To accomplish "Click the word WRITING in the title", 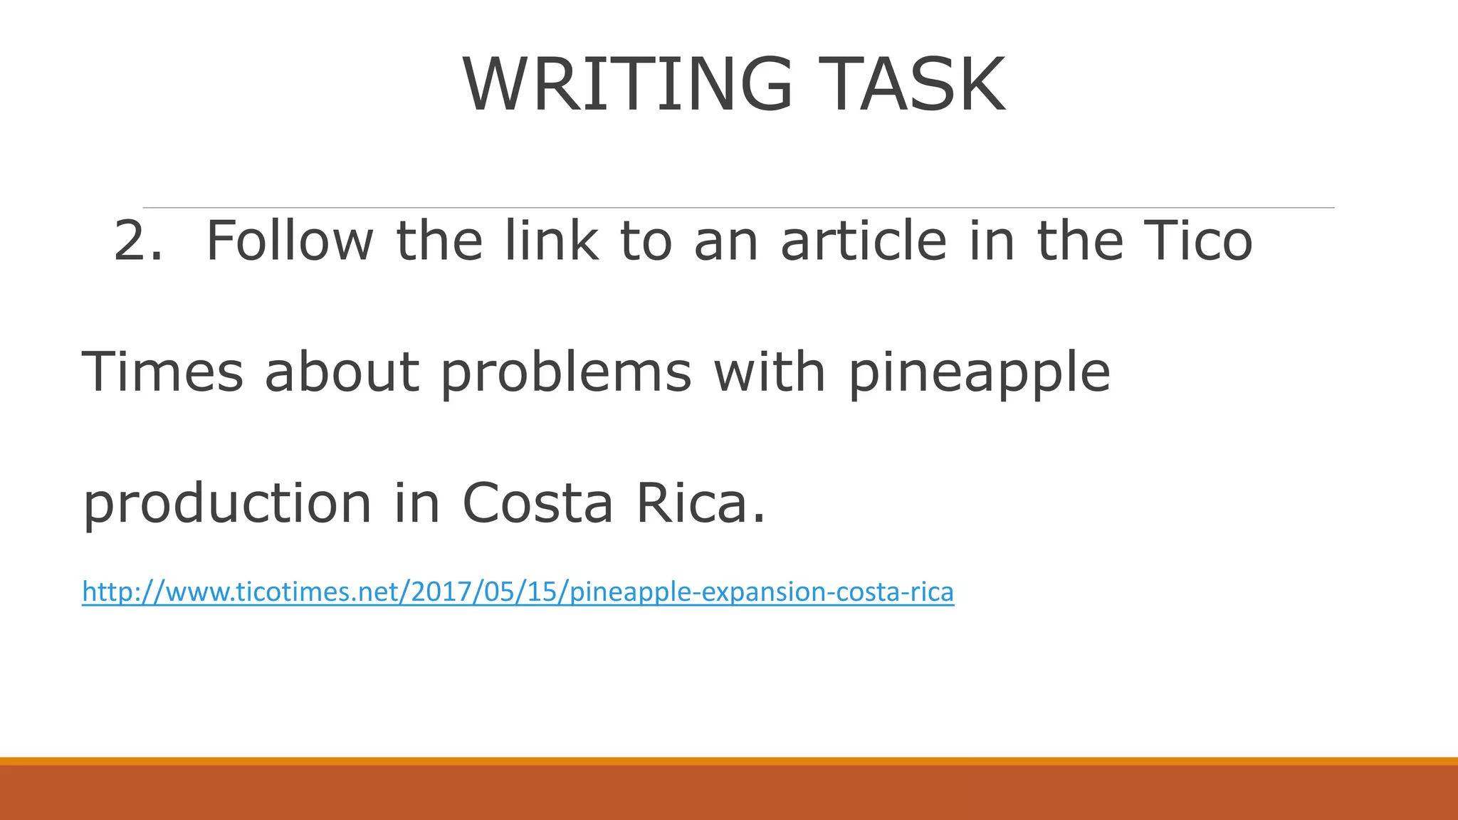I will pos(627,85).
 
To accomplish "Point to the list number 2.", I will pos(137,241).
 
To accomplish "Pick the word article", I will pos(864,241).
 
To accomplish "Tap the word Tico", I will pos(1197,241).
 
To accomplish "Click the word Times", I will pos(163,372).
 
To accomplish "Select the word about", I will pos(342,372).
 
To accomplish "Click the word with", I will pos(769,372).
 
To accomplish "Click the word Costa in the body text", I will pos(537,503).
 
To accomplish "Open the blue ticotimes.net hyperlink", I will pos(518,592).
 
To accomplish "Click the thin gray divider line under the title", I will pos(738,208).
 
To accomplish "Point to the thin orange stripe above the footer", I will pos(729,761).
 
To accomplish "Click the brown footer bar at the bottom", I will pos(729,793).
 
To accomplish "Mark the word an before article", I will pos(725,242).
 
